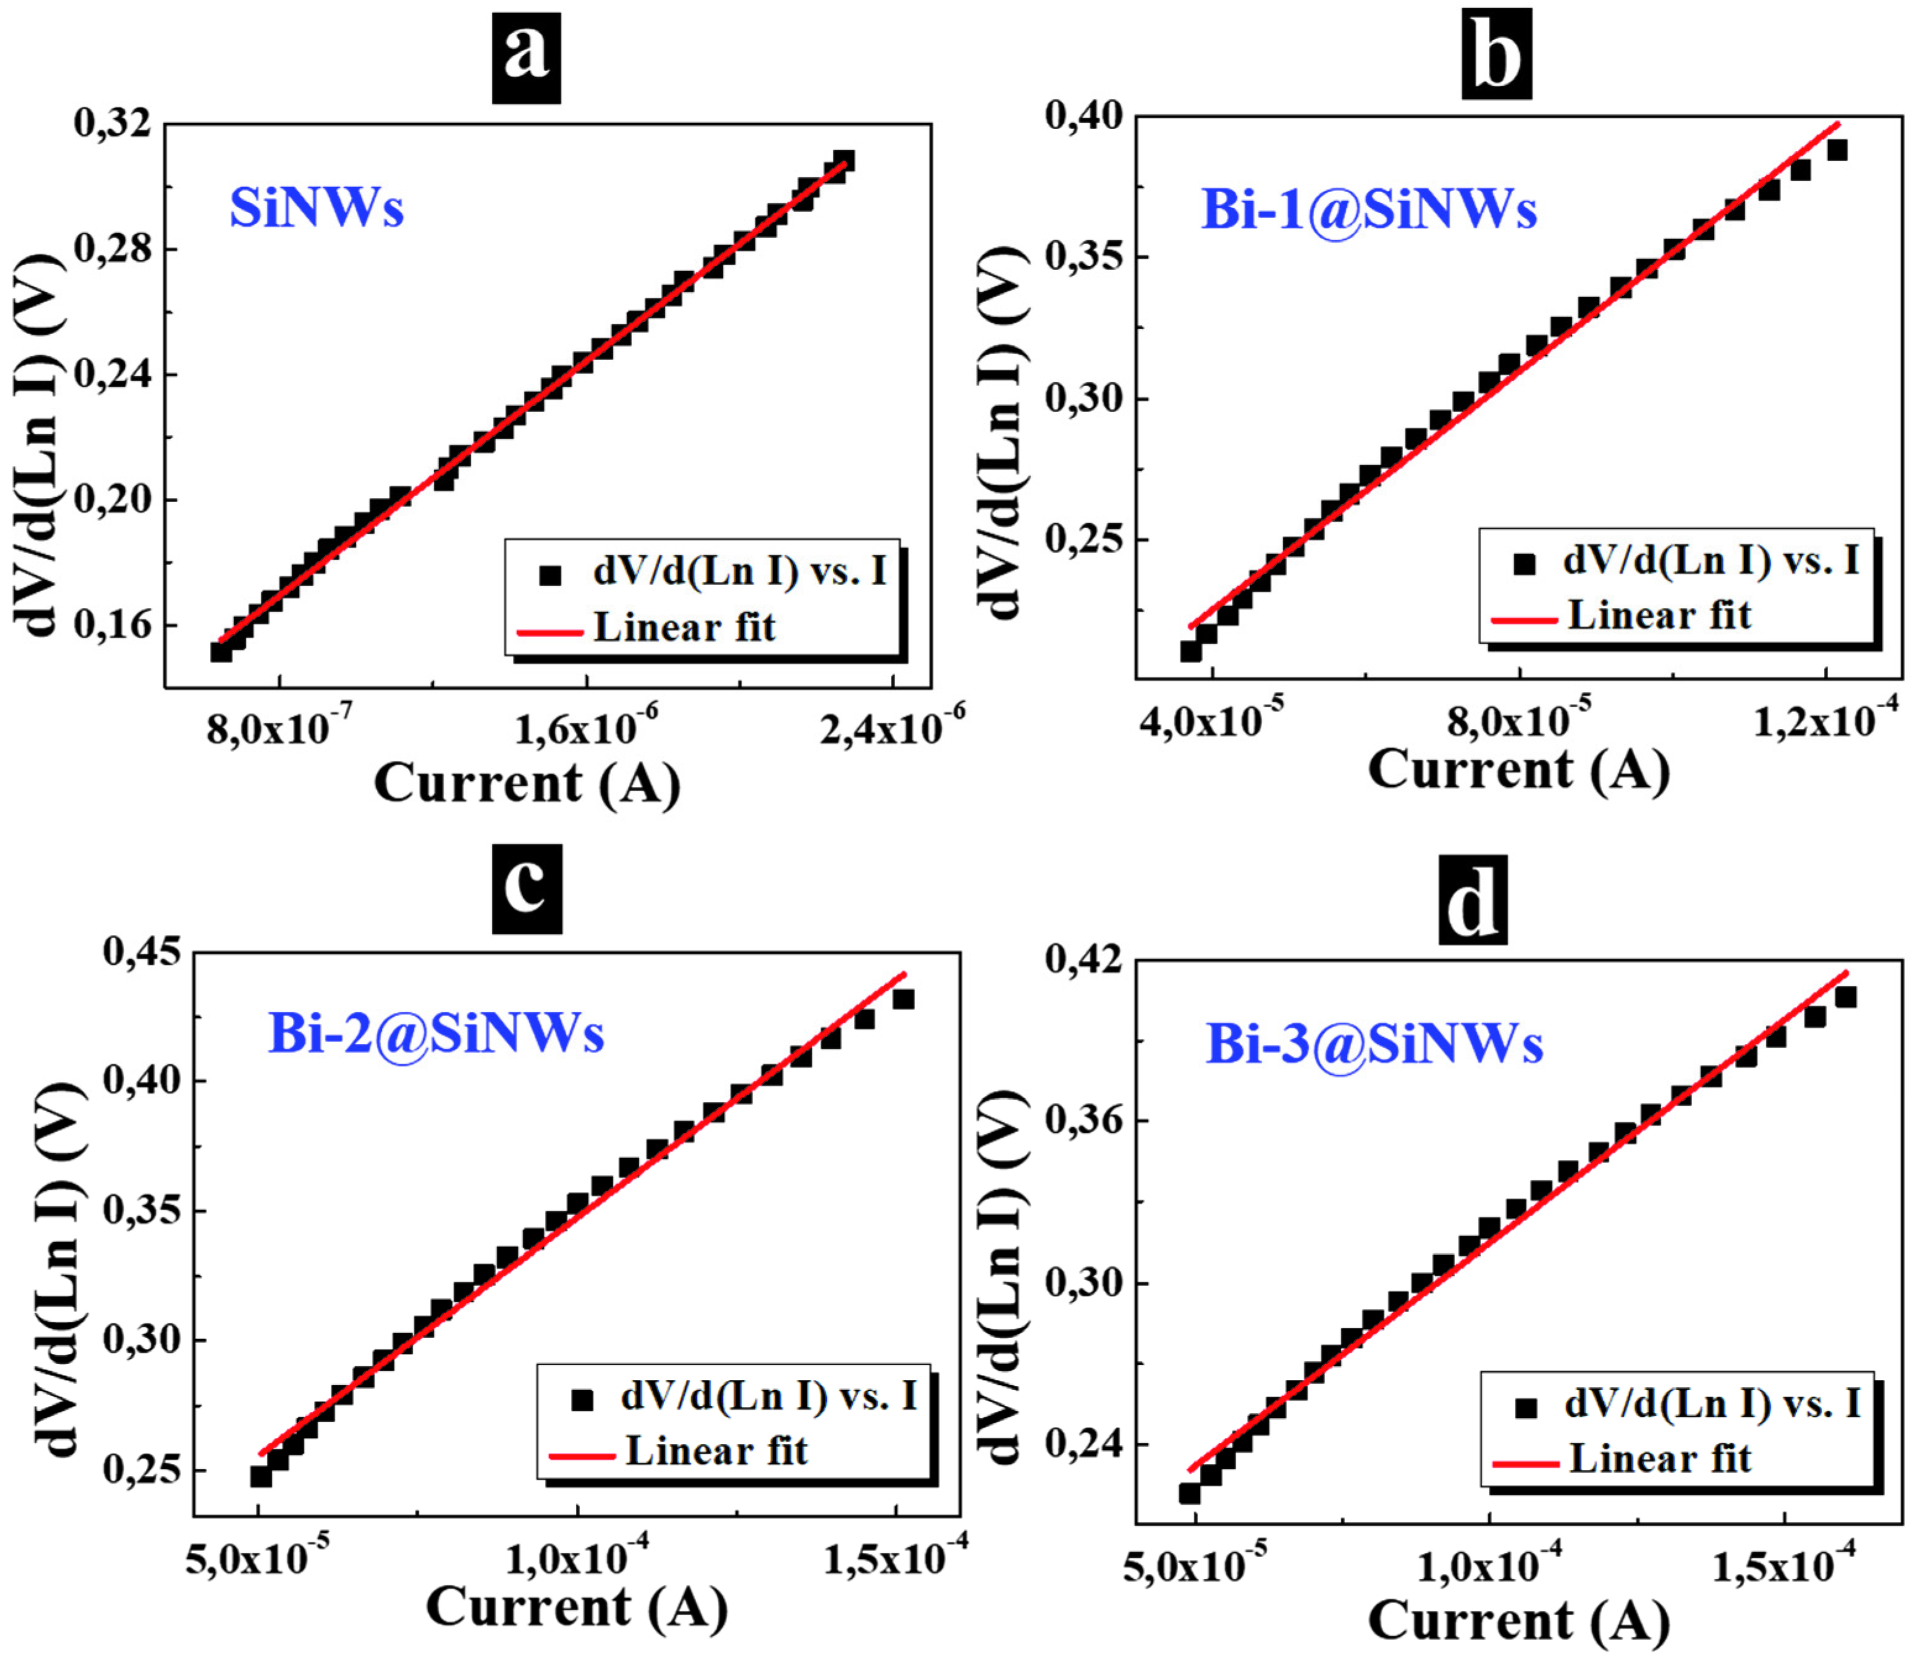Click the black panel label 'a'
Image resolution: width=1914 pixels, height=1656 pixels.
click(526, 57)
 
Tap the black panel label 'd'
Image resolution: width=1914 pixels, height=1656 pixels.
click(1472, 899)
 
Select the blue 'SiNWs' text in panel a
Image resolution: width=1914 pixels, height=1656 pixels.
click(317, 208)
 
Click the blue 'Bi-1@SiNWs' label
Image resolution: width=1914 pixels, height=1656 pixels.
click(1368, 210)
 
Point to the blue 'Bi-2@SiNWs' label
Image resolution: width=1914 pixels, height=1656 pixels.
click(436, 1033)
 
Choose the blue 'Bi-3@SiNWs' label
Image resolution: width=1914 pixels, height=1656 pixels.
click(1374, 1044)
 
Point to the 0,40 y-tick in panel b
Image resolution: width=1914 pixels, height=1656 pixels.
click(1083, 117)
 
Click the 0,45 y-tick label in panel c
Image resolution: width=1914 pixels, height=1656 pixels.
click(141, 952)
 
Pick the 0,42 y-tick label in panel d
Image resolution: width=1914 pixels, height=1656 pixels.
click(1083, 959)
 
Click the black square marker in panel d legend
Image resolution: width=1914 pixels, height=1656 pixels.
click(1526, 1408)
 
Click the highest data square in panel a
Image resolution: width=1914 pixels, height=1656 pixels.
click(843, 161)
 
